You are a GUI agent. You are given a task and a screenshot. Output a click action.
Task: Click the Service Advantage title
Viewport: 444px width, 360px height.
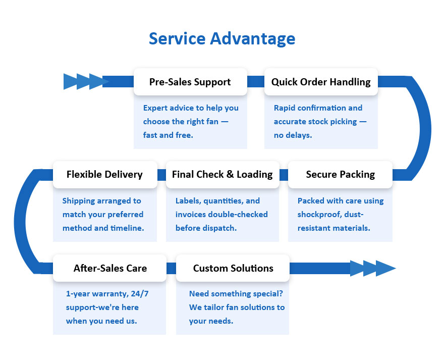pos(221,39)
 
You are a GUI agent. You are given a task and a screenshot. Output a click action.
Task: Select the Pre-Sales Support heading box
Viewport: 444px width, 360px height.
pos(190,82)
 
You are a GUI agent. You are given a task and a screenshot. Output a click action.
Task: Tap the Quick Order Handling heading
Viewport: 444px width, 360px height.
pos(321,82)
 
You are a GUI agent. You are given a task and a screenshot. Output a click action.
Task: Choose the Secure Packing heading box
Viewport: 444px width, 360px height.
pos(340,175)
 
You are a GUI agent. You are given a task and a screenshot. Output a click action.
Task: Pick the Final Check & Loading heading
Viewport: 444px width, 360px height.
pos(222,175)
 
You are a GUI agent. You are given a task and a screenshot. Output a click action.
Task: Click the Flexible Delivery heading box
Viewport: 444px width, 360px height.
pos(104,175)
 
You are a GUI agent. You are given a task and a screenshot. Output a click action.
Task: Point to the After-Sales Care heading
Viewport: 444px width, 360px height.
pos(110,268)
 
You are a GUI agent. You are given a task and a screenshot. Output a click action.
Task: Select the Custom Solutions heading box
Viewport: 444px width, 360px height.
pos(233,268)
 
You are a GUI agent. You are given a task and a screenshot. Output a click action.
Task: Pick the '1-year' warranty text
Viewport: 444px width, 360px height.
pos(79,294)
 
